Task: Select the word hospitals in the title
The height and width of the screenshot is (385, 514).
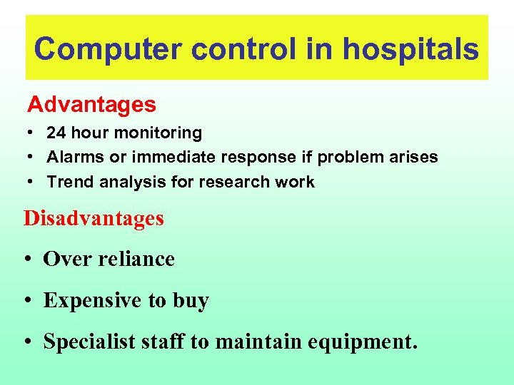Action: pyautogui.click(x=410, y=49)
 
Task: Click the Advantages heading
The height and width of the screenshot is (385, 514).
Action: pyautogui.click(x=91, y=105)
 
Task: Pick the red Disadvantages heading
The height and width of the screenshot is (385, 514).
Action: pyautogui.click(x=94, y=218)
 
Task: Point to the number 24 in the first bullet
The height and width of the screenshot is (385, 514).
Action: pyautogui.click(x=56, y=133)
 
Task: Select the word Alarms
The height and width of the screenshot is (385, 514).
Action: pyautogui.click(x=71, y=157)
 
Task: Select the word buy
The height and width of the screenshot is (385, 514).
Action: pyautogui.click(x=191, y=301)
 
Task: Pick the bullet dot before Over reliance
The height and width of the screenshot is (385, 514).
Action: pyautogui.click(x=29, y=260)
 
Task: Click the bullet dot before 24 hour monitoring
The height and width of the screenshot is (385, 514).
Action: pyautogui.click(x=31, y=133)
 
